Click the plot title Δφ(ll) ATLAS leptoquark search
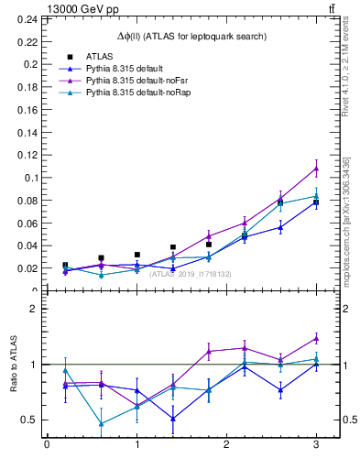tap(191, 36)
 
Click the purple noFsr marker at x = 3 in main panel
tap(316, 169)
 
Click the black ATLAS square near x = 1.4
tap(172, 247)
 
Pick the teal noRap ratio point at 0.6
tap(101, 423)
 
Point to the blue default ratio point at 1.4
tap(172, 419)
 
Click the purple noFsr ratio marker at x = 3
tap(316, 338)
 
